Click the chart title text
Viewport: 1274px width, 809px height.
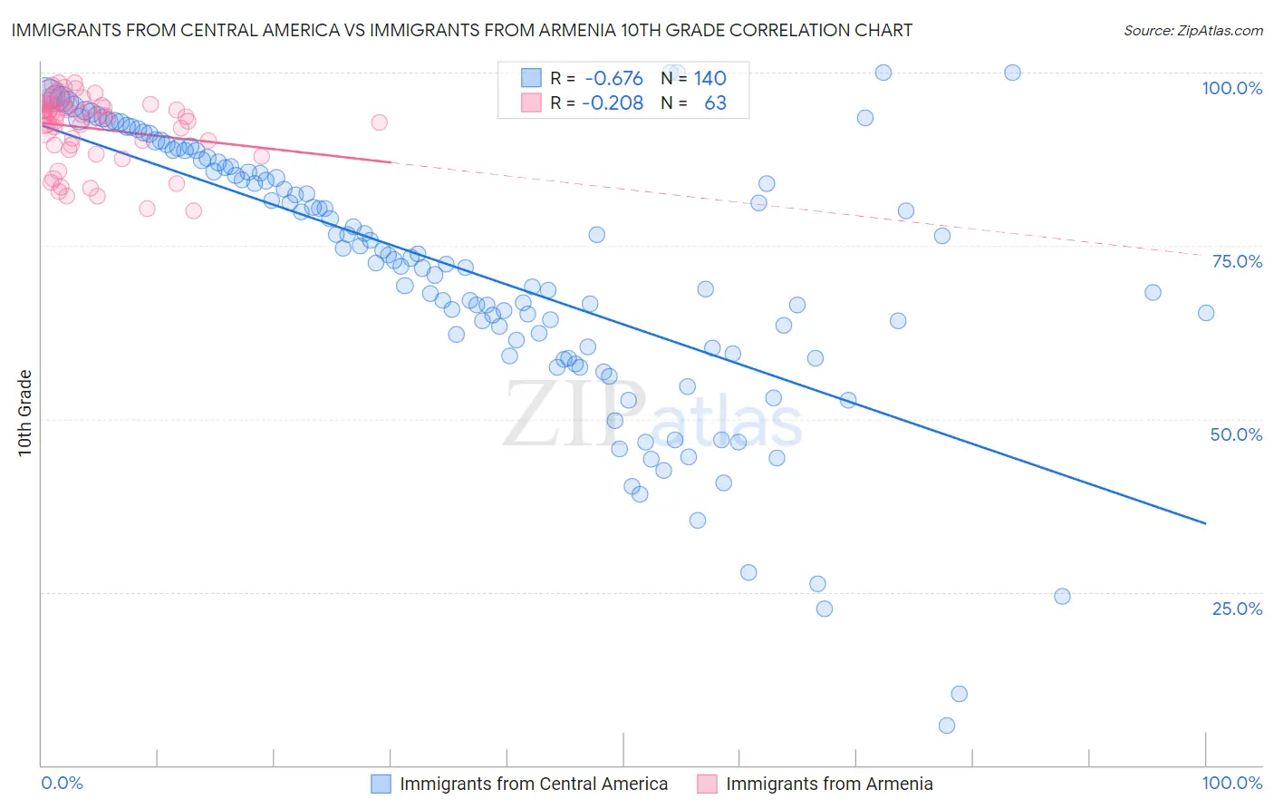point(462,30)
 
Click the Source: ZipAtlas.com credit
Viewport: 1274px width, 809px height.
point(1192,30)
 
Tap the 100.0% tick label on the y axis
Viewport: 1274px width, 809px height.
point(1231,88)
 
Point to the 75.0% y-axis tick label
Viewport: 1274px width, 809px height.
point(1237,261)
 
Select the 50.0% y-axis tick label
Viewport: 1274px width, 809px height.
point(1236,434)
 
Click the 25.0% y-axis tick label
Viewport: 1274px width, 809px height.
point(1237,609)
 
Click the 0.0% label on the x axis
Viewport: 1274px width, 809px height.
point(62,783)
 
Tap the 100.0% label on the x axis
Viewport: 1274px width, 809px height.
point(1231,783)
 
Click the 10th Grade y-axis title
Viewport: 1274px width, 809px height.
point(25,413)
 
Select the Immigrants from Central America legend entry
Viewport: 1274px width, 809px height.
point(533,784)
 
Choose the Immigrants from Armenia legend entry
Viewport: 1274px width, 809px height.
point(828,784)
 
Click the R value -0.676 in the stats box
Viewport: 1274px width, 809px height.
point(613,78)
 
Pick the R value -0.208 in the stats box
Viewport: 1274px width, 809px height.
point(613,102)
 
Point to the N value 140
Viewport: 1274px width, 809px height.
point(710,78)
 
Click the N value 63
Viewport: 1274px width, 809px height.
point(715,102)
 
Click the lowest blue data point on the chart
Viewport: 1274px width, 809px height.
point(947,726)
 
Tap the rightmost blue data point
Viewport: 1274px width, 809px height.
point(1206,313)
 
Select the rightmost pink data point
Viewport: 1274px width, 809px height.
point(380,122)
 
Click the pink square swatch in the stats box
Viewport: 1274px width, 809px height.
point(531,102)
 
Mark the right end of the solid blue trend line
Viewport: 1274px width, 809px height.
point(1206,523)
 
